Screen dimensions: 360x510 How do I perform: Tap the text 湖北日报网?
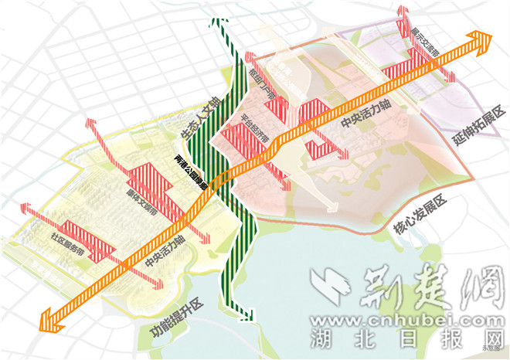pyautogui.click(x=406, y=339)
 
